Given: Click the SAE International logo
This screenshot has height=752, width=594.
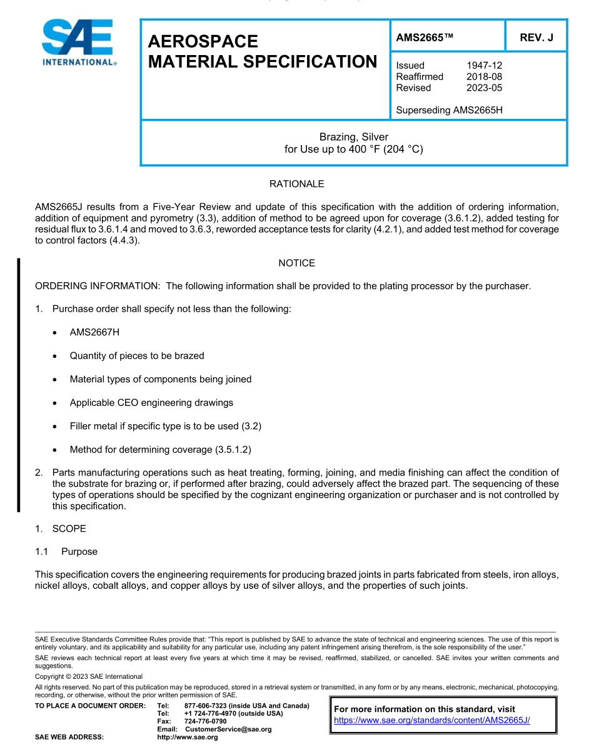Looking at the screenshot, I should (78, 43).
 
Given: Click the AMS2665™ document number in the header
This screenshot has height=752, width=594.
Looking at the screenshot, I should (424, 38).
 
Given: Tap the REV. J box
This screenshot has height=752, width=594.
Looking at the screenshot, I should (536, 38).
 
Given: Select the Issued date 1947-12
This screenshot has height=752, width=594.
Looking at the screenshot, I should (484, 65).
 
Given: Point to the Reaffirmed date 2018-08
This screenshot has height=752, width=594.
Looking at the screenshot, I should (484, 76).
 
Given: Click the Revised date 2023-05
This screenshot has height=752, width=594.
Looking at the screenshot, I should (484, 88).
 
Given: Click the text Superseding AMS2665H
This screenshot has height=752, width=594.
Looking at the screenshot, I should (449, 110).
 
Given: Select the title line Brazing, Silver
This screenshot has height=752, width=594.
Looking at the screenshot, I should (354, 137).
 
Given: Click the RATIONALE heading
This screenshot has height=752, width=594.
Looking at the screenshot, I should (296, 184).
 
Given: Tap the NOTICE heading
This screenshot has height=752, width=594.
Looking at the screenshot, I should (296, 263).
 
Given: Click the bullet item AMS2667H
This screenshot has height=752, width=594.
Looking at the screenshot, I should (94, 332).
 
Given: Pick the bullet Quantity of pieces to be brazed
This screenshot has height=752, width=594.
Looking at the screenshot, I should (137, 355).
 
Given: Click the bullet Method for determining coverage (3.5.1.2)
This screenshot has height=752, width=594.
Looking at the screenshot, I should (160, 449).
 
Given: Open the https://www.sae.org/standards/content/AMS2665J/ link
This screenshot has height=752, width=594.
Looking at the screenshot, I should (432, 720).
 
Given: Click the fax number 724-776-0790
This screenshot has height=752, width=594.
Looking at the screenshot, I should (205, 721).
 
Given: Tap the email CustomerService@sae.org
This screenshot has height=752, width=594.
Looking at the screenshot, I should (228, 729).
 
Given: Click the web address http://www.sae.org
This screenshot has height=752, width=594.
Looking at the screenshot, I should (188, 738).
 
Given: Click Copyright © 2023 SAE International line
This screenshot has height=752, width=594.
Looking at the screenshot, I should (89, 676).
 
